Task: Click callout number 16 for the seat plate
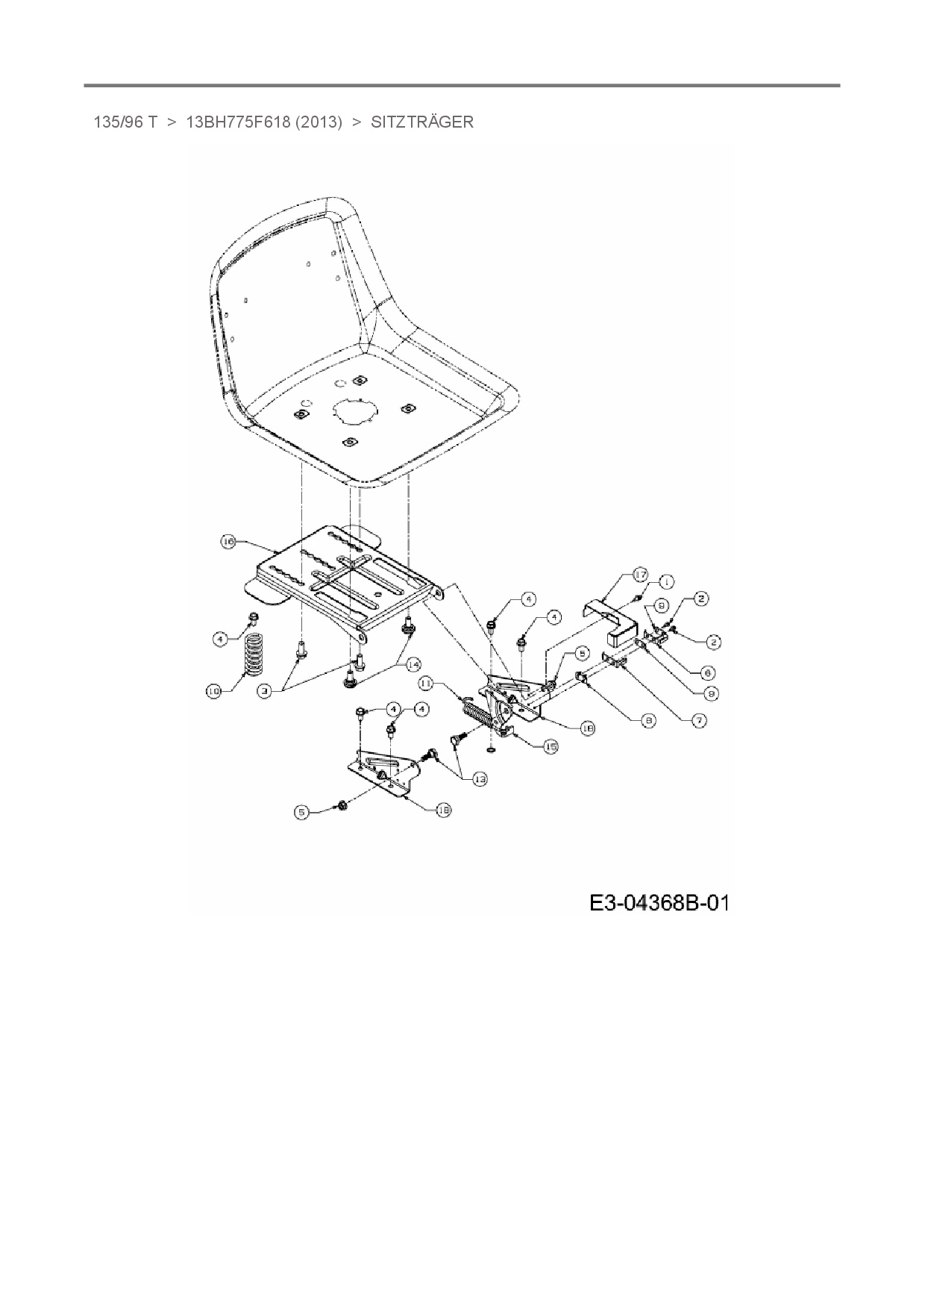[x=228, y=541]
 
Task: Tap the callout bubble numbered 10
[x=214, y=692]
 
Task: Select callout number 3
[x=264, y=692]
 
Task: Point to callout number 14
[x=413, y=663]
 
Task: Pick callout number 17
[x=640, y=575]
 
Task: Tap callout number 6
[x=708, y=671]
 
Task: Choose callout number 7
[x=699, y=721]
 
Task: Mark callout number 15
[x=551, y=746]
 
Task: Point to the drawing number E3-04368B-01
[x=658, y=903]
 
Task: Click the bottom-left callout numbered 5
[x=301, y=813]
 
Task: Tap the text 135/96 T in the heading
[x=125, y=122]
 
